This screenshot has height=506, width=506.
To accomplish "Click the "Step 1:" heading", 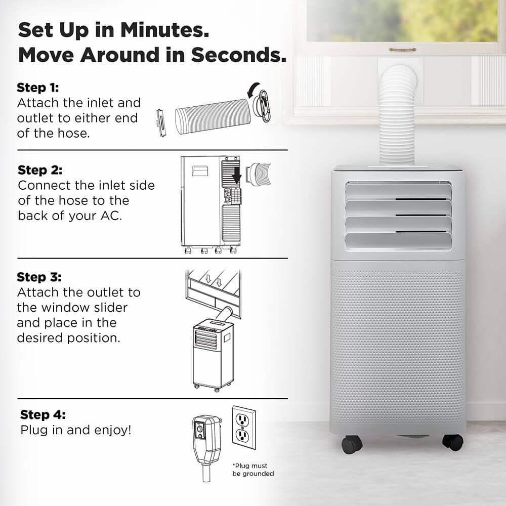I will [38, 87].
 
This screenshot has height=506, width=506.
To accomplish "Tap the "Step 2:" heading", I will [40, 170].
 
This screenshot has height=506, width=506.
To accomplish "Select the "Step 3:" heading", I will [39, 277].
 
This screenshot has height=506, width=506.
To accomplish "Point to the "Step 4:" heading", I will [43, 415].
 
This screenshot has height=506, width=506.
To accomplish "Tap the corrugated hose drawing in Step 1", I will [213, 116].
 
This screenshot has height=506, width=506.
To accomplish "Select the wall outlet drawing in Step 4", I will [243, 426].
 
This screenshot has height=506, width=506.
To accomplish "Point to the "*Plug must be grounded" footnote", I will [253, 470].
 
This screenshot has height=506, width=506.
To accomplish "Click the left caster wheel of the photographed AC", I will [352, 445].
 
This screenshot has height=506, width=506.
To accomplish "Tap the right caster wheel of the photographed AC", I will [453, 442].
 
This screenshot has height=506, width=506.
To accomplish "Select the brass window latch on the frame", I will [403, 50].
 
